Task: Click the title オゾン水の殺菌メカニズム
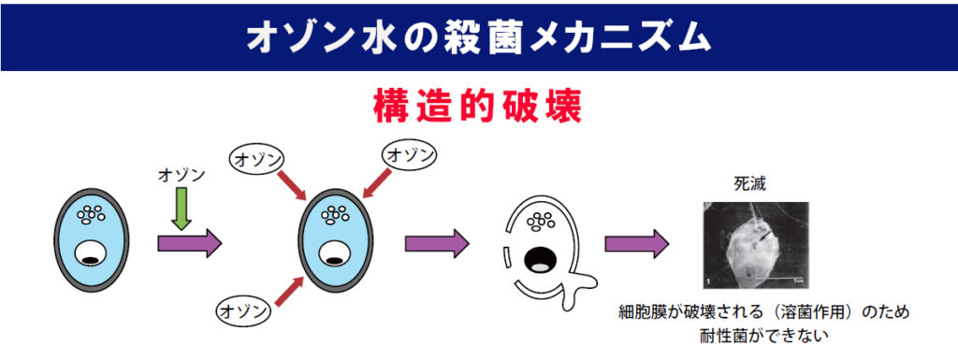(478, 36)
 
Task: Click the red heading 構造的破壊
(478, 106)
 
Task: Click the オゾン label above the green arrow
(182, 174)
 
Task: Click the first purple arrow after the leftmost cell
(189, 244)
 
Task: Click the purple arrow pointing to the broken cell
(436, 244)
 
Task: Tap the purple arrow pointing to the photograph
(636, 244)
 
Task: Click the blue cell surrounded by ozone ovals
(334, 240)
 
